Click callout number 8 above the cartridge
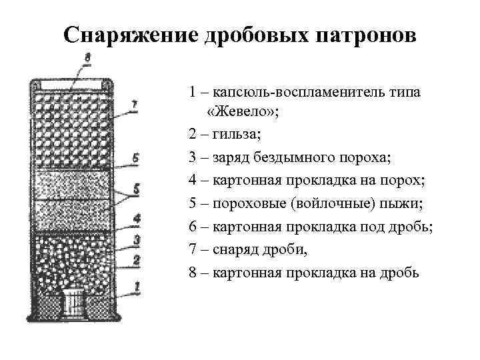coord(87,59)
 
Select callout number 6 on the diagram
coord(135,158)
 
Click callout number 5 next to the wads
coord(136,189)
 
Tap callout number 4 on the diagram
coord(136,218)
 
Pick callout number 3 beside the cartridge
coord(136,239)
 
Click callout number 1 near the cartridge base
coord(137,287)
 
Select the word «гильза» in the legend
coord(237,135)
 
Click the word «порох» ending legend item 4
coord(381,180)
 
